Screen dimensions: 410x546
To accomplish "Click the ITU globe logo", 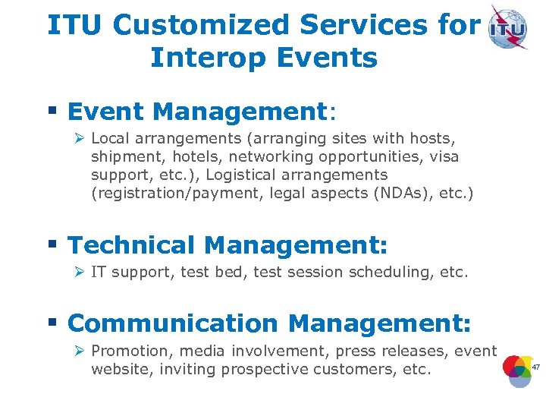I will tap(508, 27).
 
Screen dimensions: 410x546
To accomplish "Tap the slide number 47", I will tap(535, 367).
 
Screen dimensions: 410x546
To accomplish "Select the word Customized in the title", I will tap(200, 25).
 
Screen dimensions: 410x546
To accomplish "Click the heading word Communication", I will tap(173, 323).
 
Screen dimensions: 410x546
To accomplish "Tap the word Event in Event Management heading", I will tap(105, 112).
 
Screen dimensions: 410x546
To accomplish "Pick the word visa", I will tap(444, 156).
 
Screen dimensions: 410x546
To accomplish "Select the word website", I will tap(118, 370).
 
